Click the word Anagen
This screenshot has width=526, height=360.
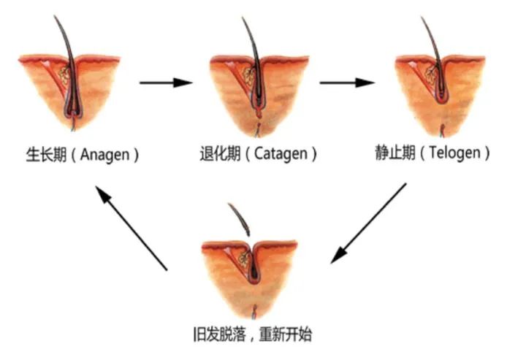pos(107,155)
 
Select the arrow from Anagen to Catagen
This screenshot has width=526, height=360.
pos(166,82)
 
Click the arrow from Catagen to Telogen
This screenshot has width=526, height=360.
pos(347,82)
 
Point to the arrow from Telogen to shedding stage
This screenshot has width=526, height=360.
pos(368,223)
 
